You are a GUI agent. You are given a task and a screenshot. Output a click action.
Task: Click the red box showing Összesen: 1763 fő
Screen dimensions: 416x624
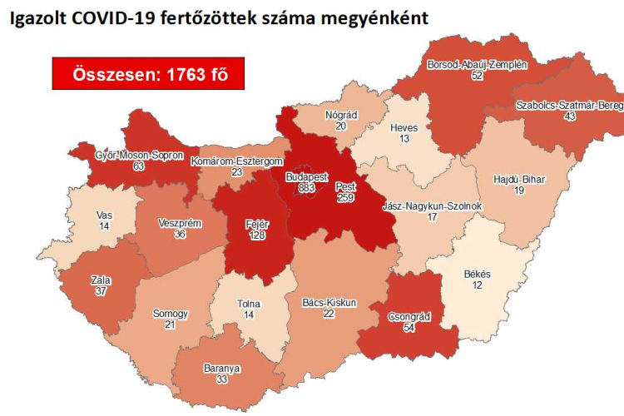tap(148, 74)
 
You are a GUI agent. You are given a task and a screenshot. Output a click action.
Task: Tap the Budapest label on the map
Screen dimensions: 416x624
tap(306, 177)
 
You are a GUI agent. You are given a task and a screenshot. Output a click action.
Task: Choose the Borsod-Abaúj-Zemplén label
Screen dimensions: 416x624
tap(477, 64)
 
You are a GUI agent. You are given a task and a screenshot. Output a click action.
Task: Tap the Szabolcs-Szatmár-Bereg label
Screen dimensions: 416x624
tap(568, 105)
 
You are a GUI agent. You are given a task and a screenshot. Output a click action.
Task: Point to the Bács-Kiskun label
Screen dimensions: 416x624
tap(329, 303)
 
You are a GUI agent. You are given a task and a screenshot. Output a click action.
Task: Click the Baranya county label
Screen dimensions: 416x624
tap(223, 367)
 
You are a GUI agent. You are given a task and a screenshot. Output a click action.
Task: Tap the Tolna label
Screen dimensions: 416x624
tap(249, 304)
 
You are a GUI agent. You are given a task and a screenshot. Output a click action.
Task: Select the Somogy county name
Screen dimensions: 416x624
tap(171, 314)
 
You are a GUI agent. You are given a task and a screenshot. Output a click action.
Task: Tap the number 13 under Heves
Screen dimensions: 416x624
tap(404, 139)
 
